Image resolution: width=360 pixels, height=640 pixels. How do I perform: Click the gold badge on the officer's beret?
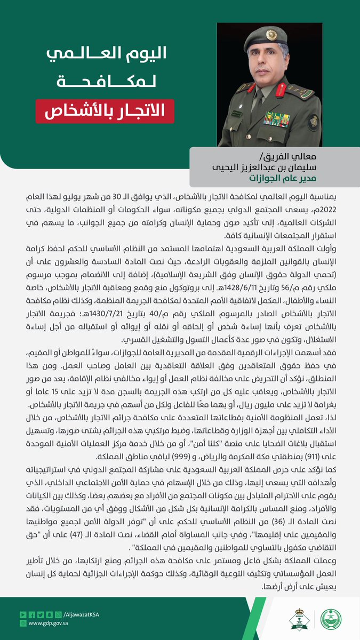(x=271, y=35)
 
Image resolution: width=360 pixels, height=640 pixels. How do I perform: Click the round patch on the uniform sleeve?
(x=314, y=122)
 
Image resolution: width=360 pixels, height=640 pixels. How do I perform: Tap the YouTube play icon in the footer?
(x=22, y=615)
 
